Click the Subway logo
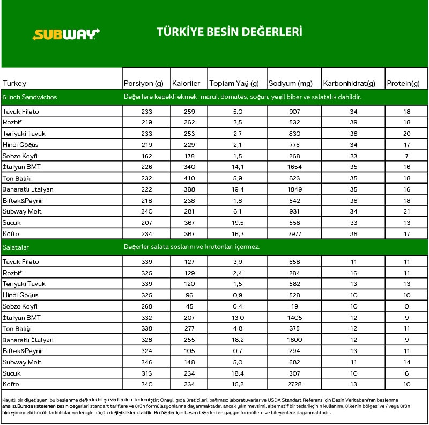tap(66, 35)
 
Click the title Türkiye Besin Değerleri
tap(229, 32)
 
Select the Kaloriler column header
tap(186, 84)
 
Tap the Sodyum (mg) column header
tap(290, 84)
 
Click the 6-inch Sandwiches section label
tap(29, 97)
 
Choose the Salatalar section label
tap(16, 247)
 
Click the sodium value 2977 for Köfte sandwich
tap(294, 233)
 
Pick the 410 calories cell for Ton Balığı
tap(189, 178)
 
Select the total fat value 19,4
tap(237, 189)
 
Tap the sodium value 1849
tap(294, 189)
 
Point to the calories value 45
tap(189, 306)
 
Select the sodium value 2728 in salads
tap(294, 384)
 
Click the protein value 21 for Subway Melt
tap(406, 211)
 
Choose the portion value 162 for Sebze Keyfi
tap(146, 156)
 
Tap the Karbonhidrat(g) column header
tap(349, 84)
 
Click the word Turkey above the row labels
tap(14, 84)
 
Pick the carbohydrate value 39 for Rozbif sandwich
tap(353, 123)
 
